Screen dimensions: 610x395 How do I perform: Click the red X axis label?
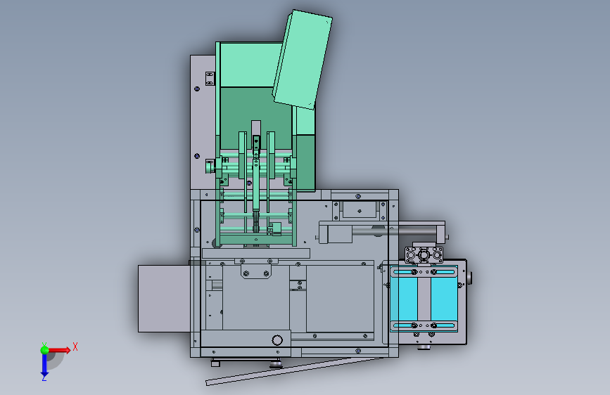tap(75, 347)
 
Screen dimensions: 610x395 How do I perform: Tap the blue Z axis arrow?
tap(44, 365)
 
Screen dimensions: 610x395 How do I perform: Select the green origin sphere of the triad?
tap(45, 350)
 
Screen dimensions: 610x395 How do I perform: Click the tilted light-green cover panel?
tap(303, 60)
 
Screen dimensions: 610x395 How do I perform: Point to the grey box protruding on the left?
tap(164, 299)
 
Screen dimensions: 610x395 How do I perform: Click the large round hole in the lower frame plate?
tap(277, 340)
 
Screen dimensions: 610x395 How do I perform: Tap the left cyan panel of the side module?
tap(404, 298)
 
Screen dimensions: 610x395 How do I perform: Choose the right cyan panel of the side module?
tap(444, 298)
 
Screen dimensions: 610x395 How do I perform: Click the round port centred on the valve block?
tap(424, 255)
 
